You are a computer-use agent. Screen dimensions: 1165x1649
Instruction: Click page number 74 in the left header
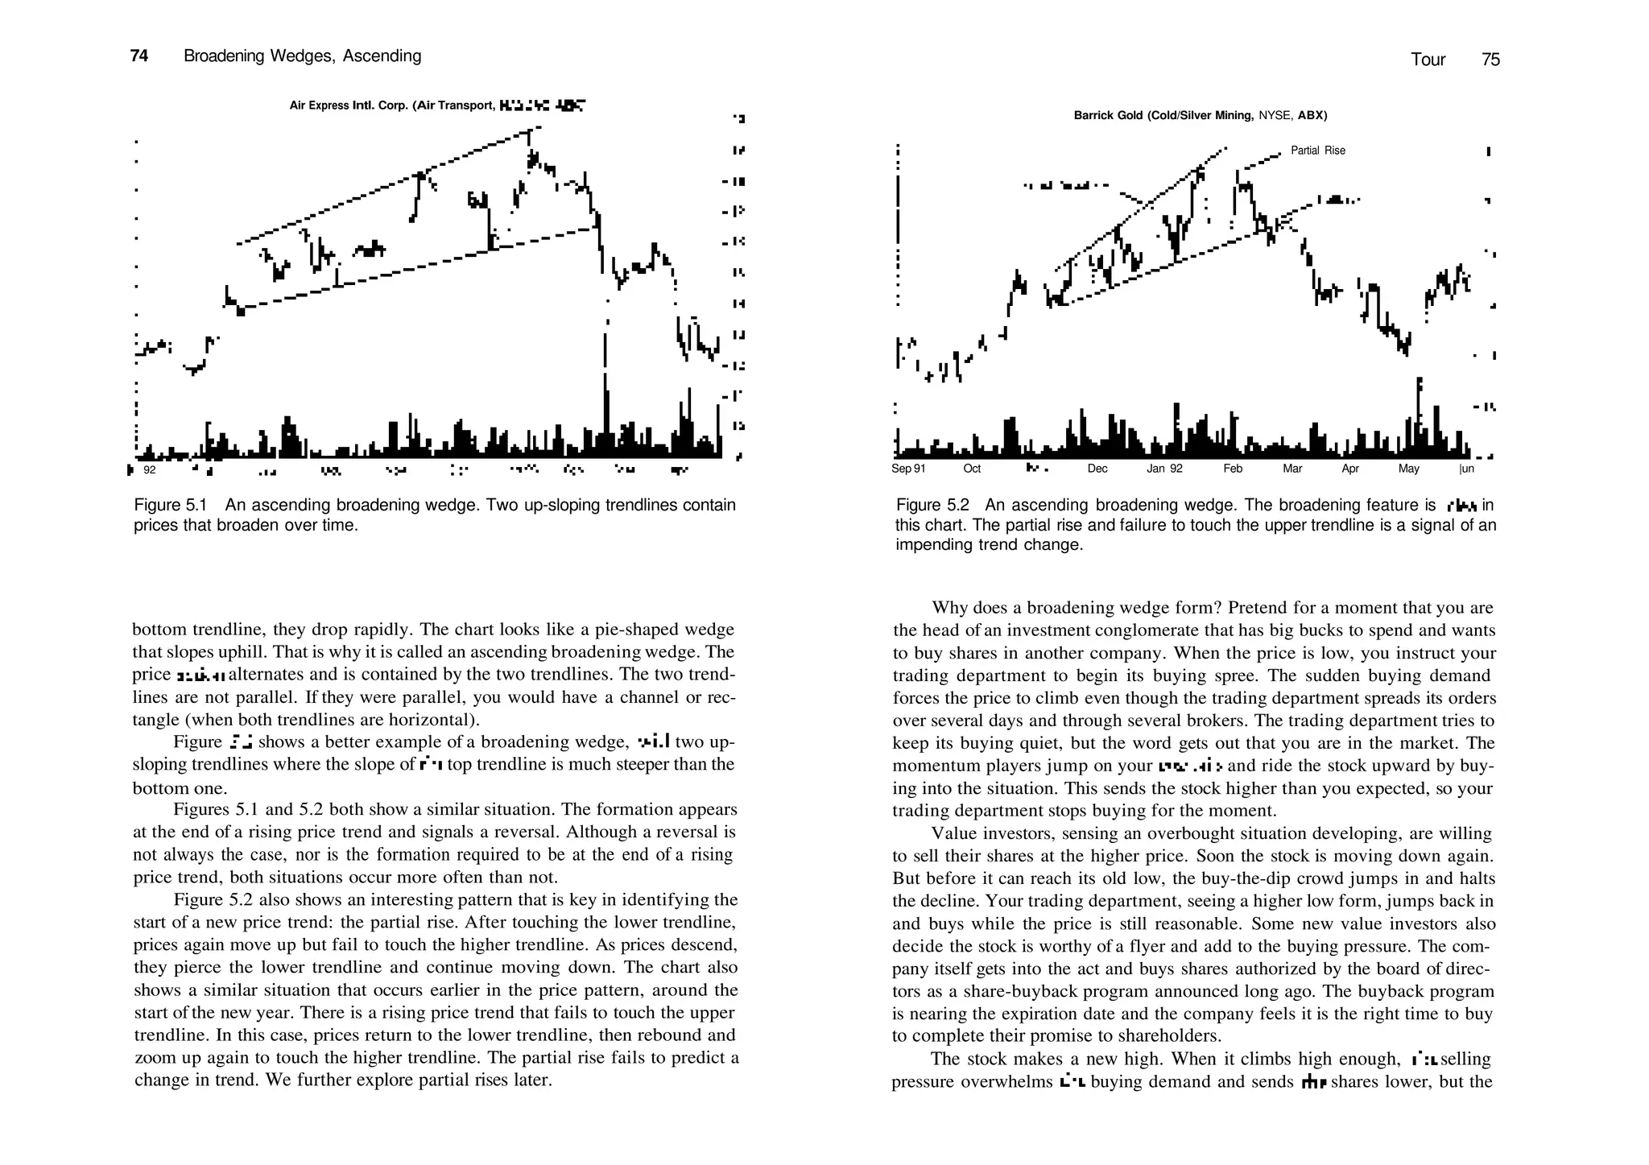tap(138, 56)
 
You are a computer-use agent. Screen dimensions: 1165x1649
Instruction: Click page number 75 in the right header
tap(1490, 60)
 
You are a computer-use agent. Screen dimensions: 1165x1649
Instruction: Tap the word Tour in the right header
tap(1428, 60)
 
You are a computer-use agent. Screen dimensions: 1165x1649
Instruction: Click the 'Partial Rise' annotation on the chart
tap(1317, 151)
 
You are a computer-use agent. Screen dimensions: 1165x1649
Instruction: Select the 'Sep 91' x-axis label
tap(908, 469)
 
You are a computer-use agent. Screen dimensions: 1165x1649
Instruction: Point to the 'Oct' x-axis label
tap(972, 469)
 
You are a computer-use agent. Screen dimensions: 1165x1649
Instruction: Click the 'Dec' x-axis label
tap(1097, 469)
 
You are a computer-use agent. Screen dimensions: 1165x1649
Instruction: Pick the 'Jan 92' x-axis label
tap(1164, 469)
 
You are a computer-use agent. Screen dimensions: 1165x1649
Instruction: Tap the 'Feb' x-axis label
tap(1233, 469)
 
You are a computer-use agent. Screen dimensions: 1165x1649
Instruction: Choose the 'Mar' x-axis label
tap(1292, 469)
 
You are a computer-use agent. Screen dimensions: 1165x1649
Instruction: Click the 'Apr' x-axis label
tap(1350, 469)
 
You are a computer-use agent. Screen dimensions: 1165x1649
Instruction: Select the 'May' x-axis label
tap(1409, 469)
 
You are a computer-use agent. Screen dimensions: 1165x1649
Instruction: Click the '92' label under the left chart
tap(150, 469)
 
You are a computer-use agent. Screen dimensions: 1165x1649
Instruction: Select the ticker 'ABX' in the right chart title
tap(1312, 116)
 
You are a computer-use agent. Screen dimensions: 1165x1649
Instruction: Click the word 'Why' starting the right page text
tap(948, 608)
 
